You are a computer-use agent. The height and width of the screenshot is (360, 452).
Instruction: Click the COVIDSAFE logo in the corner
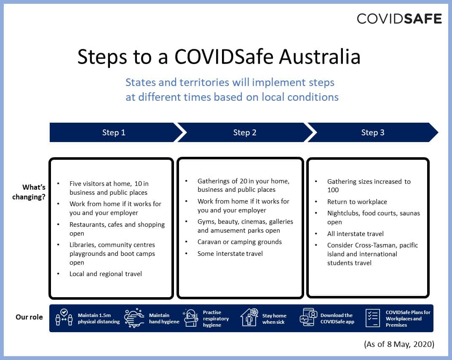399,19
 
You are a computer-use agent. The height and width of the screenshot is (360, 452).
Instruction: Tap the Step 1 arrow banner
114,132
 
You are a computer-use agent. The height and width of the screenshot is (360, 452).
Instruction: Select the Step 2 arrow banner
245,132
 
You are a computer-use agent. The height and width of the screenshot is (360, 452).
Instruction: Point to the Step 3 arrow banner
373,132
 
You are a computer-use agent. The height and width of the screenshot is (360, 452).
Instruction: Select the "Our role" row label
29,317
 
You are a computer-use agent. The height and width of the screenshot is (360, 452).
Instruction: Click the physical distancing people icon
64,318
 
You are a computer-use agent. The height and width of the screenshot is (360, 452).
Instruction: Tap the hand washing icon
134,318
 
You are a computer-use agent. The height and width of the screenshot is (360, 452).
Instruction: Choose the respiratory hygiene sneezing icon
191,318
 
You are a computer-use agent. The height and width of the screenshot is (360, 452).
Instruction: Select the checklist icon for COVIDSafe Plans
372,318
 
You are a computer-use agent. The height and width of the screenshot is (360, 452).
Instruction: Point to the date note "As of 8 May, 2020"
399,344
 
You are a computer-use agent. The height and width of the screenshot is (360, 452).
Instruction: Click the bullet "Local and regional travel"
106,274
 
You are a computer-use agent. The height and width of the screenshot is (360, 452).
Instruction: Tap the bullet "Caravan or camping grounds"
240,242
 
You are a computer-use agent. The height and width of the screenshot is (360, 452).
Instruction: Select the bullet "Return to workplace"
357,202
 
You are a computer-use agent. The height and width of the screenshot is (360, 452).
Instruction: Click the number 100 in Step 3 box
333,190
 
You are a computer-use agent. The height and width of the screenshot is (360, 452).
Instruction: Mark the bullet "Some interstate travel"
230,254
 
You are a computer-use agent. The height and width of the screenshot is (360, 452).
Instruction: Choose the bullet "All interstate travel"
356,234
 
